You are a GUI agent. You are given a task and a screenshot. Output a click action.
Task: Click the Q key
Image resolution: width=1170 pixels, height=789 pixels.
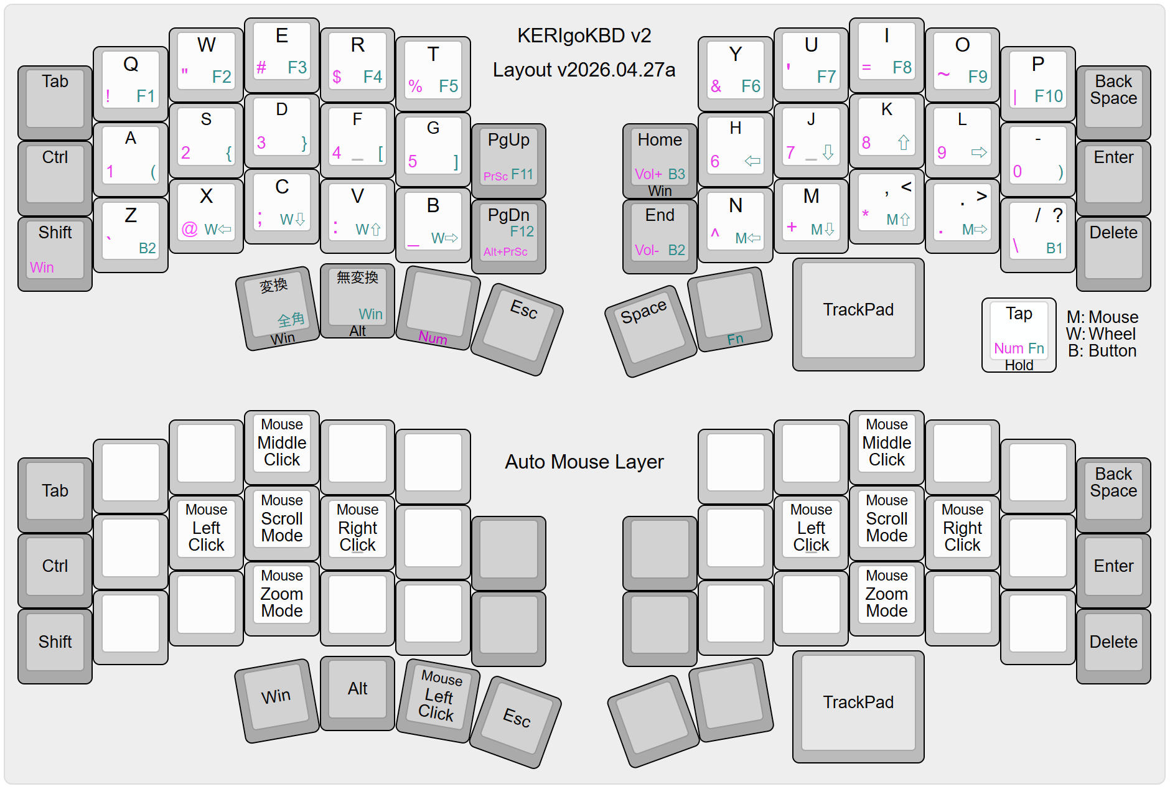coord(131,81)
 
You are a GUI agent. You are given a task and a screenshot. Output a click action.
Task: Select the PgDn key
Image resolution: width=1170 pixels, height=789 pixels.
coord(508,233)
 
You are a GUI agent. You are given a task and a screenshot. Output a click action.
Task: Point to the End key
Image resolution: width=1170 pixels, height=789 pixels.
coord(660,233)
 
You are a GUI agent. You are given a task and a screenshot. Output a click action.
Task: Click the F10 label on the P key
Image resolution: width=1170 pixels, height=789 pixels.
coord(1049,96)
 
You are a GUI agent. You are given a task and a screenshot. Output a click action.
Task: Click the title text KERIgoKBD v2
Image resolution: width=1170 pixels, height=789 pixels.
coord(584,35)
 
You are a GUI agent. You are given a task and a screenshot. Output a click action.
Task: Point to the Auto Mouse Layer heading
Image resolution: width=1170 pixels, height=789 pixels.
coord(584,462)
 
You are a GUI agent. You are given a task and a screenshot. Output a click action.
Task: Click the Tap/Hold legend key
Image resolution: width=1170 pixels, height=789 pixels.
coord(1019,335)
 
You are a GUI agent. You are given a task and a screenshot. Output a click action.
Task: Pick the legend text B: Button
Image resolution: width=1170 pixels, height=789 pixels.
coord(1102,351)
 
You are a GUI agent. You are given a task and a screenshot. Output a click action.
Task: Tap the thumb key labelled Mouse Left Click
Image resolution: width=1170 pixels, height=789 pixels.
coord(438,698)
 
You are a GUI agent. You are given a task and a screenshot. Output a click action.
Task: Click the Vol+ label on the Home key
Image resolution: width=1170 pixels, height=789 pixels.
coord(648,174)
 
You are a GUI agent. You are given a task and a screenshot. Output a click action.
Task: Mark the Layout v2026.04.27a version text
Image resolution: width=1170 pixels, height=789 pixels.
coord(584,70)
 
